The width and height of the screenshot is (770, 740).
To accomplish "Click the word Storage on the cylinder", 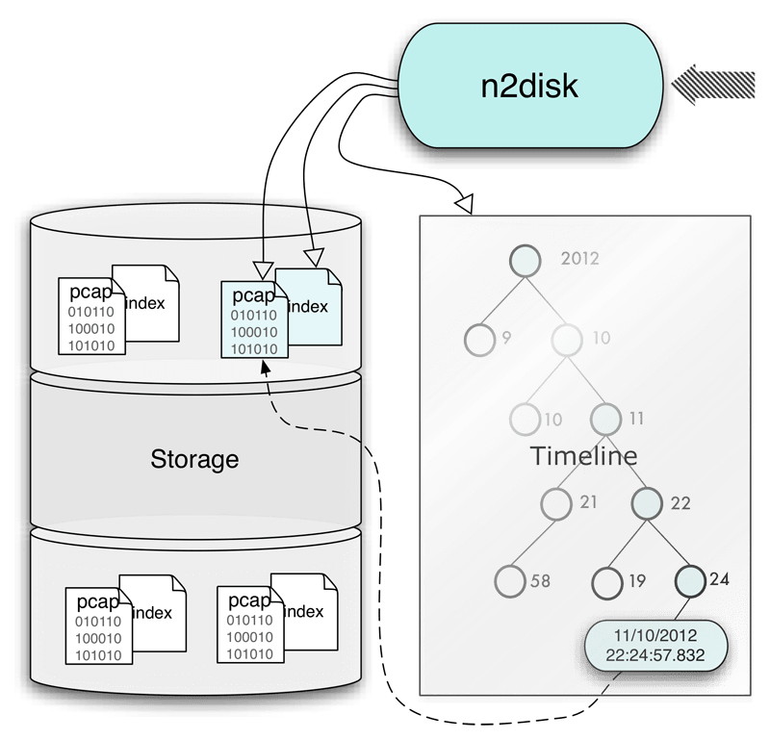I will (x=194, y=459).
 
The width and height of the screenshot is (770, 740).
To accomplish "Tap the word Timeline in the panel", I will (x=583, y=455).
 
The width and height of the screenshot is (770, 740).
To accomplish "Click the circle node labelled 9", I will (x=478, y=339).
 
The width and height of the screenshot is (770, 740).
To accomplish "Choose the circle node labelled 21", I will (x=556, y=502).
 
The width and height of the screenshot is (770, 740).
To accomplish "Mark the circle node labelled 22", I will (x=648, y=502).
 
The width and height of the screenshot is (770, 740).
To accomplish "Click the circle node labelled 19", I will (x=606, y=580).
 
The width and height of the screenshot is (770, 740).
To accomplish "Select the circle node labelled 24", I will (x=689, y=579).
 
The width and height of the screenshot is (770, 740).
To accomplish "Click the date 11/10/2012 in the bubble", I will (x=656, y=636).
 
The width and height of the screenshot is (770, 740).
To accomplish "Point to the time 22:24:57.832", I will (x=656, y=655).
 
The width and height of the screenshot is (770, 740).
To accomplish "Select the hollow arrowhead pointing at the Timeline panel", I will (x=464, y=204).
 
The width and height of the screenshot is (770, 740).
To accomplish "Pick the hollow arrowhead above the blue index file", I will (x=312, y=258).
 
